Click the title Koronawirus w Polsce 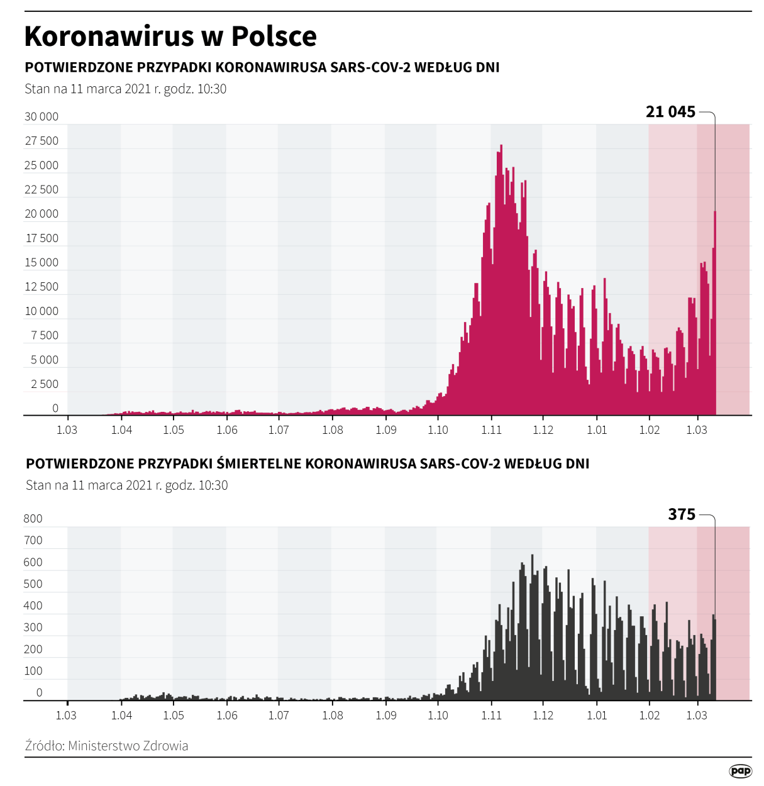[170, 36]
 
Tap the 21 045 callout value [670, 112]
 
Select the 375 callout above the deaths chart [682, 514]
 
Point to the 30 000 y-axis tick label [42, 116]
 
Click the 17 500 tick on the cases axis [42, 238]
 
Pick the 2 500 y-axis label [45, 384]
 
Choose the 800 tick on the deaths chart [33, 519]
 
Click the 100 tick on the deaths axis [33, 671]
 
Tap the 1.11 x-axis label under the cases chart [491, 430]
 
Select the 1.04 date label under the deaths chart [121, 716]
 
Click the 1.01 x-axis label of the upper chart [597, 430]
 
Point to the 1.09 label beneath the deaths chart [386, 716]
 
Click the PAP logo [740, 771]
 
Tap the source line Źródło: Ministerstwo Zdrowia [106, 746]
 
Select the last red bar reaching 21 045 [715, 314]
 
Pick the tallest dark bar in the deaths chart [533, 629]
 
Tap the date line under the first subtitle [125, 89]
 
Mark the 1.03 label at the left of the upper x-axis [67, 430]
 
